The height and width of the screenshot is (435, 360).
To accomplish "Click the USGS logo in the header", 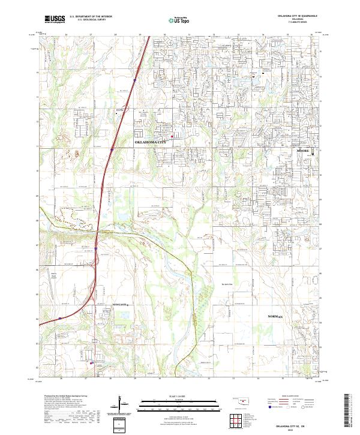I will pos(55,19).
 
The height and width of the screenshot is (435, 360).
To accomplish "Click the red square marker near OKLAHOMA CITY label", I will pos(172,137).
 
